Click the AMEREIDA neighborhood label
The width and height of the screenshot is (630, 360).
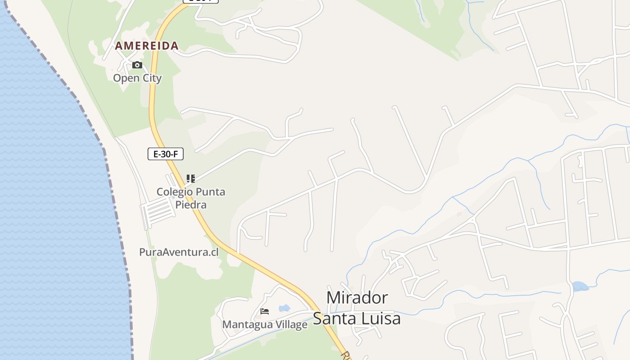tap(147, 46)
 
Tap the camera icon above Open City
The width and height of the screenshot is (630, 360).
tap(137, 65)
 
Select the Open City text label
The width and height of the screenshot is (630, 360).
tap(137, 78)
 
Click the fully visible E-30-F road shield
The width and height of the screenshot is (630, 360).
tap(166, 154)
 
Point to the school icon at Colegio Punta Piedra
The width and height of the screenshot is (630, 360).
tap(191, 179)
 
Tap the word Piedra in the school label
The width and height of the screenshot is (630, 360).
tap(191, 205)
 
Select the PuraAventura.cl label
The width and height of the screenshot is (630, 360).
tap(179, 252)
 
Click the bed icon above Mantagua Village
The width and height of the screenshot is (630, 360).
tap(265, 311)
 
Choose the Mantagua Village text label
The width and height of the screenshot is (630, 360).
tap(265, 324)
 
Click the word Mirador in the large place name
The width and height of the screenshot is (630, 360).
tap(357, 298)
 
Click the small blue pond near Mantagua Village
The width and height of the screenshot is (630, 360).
tap(284, 308)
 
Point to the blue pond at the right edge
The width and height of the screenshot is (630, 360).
tap(580, 286)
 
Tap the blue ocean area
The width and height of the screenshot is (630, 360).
tap(49, 202)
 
